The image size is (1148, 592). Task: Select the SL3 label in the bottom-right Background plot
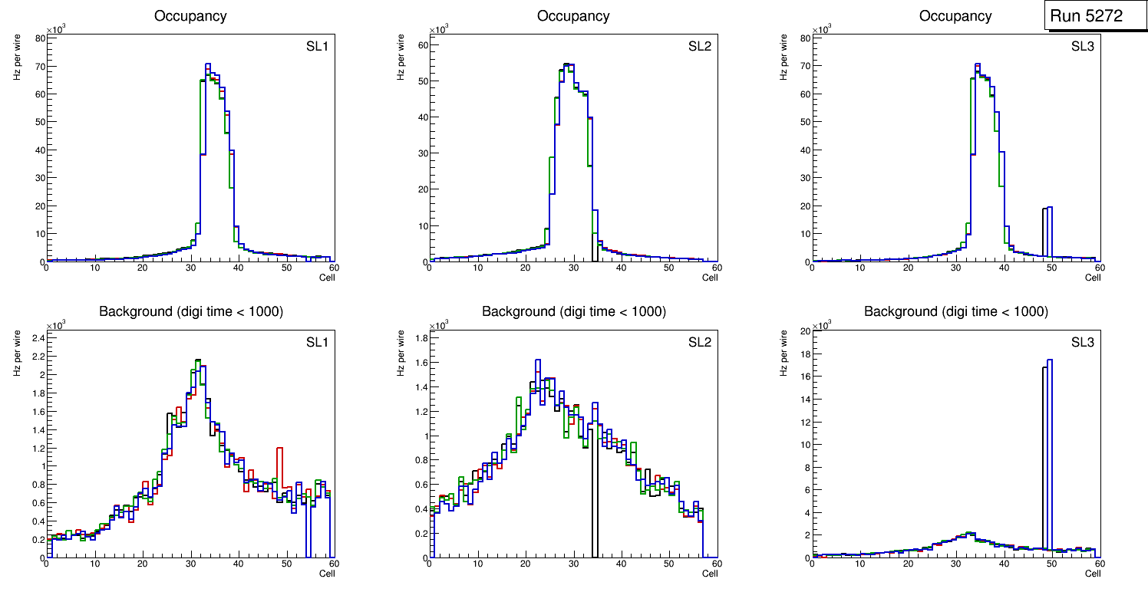[1083, 341]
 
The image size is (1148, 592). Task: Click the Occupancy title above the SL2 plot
[573, 16]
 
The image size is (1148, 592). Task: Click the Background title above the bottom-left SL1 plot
[191, 311]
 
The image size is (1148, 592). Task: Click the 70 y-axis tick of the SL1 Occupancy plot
[38, 66]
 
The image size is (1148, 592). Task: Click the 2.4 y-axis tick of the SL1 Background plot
[38, 337]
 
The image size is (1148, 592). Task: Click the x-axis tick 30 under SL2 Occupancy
[573, 268]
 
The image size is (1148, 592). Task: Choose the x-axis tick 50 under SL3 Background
[1051, 564]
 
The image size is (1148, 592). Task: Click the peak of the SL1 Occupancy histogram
[207, 64]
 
